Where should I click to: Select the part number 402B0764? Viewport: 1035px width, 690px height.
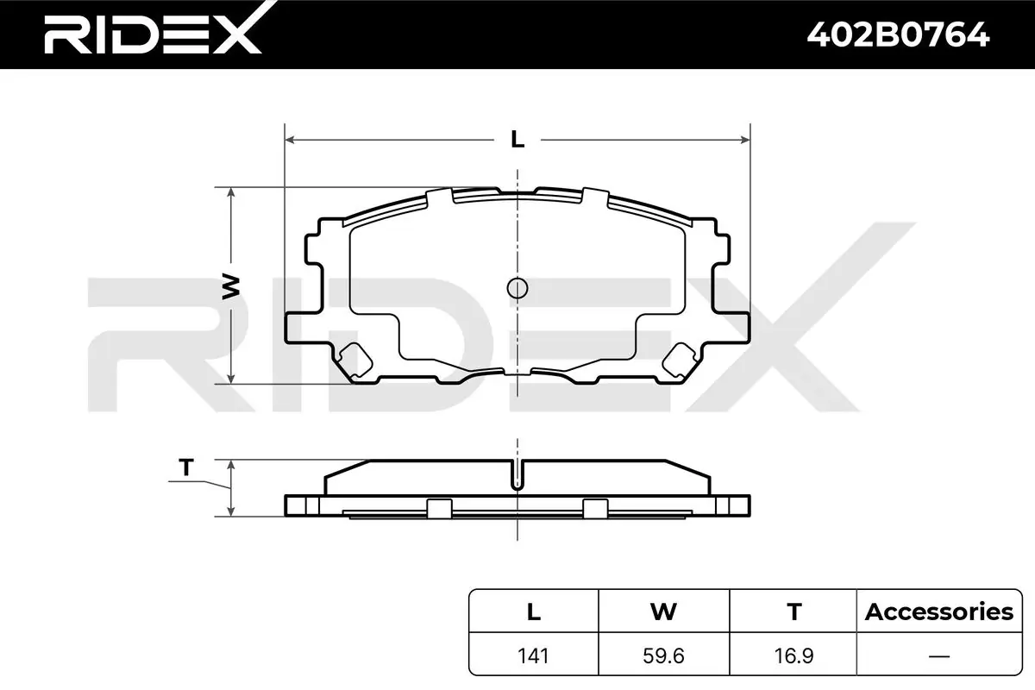(x=898, y=35)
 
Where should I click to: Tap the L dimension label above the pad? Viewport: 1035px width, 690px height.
(x=517, y=139)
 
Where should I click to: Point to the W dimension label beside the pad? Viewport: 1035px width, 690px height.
(x=231, y=287)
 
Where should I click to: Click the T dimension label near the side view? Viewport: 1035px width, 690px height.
(x=185, y=467)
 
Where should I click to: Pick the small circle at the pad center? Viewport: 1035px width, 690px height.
(x=517, y=288)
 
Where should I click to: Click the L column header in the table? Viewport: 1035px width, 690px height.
(x=534, y=612)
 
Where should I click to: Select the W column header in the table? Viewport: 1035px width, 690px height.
(x=663, y=612)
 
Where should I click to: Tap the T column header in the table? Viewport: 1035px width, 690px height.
(x=793, y=612)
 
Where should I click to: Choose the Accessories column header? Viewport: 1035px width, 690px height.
(x=939, y=612)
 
